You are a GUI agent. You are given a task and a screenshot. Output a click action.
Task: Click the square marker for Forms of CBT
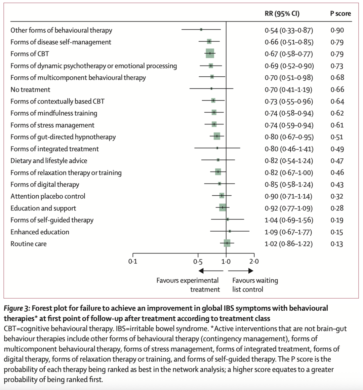[x=210, y=53]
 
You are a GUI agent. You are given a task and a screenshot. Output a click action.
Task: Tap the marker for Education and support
[x=223, y=207]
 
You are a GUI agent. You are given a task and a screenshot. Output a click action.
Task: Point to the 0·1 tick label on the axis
[x=133, y=262]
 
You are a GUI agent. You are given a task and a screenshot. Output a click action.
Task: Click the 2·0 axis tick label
[x=254, y=262]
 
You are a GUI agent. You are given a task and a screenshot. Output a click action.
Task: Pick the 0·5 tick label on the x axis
[x=198, y=262]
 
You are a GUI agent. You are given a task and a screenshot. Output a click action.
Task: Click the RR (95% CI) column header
[x=282, y=14]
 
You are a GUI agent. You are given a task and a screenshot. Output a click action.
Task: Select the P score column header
[x=340, y=14]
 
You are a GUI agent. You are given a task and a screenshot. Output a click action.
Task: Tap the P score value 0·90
[x=337, y=30]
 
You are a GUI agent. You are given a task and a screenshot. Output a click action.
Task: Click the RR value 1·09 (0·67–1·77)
[x=288, y=232]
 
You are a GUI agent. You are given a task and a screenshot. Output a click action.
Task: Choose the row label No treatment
[x=30, y=90]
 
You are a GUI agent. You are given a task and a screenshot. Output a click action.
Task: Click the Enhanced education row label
[x=40, y=232]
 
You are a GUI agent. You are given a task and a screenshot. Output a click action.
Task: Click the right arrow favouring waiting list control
[x=242, y=271]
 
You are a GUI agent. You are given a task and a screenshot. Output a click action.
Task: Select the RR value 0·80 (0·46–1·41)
[x=289, y=149]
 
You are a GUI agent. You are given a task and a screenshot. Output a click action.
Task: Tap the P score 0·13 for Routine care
[x=337, y=244]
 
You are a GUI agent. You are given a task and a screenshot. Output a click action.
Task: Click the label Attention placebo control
[x=48, y=196]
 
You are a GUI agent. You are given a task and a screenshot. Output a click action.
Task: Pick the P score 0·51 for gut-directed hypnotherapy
[x=337, y=137]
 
